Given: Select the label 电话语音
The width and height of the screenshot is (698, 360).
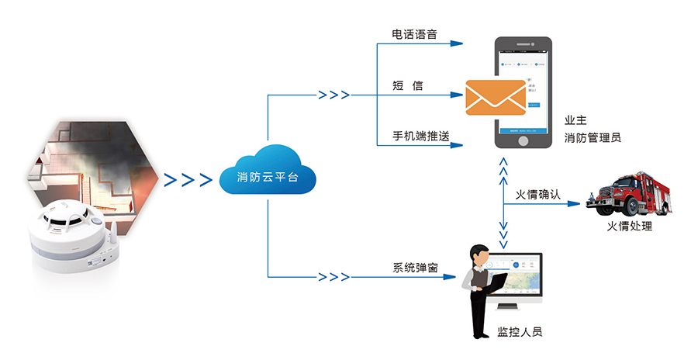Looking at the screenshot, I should (x=414, y=35).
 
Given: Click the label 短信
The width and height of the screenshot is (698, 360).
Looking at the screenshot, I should (x=408, y=85).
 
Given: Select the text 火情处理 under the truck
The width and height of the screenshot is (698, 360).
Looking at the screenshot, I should (x=630, y=227).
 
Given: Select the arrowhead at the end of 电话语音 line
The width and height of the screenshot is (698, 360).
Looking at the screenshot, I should (x=459, y=44).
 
